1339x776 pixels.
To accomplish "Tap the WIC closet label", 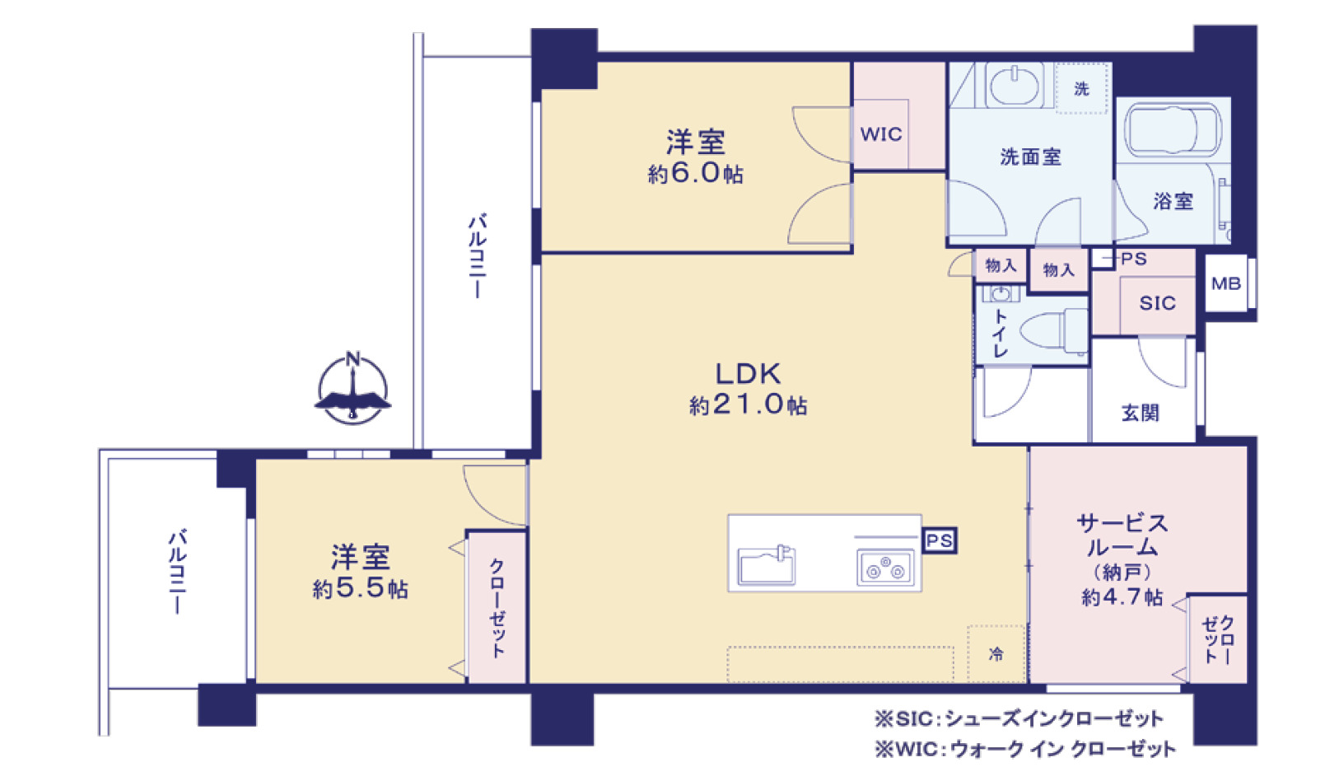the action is (x=881, y=134).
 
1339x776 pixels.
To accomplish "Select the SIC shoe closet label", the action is (x=1157, y=303).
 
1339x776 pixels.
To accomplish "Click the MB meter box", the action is (x=1226, y=283).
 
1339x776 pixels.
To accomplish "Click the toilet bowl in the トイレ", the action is (x=1053, y=330).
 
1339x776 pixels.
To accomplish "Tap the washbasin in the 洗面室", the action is (x=1015, y=86).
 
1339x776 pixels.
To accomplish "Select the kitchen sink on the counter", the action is (x=767, y=564).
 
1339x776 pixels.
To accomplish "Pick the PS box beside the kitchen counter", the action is (x=939, y=540).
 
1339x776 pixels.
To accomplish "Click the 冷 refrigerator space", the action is (x=996, y=653).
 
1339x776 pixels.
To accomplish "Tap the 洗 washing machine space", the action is (x=1081, y=88).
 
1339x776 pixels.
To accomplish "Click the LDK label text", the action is (x=748, y=374).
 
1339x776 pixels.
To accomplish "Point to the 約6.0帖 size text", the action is (x=696, y=174).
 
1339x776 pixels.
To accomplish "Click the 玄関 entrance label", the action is (x=1141, y=413).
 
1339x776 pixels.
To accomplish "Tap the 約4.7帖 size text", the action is (x=1122, y=597).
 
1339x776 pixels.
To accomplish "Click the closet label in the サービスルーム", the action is (x=1218, y=639).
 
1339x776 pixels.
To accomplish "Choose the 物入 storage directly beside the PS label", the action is (x=1059, y=270).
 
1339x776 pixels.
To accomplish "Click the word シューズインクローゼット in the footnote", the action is (x=1053, y=718).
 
